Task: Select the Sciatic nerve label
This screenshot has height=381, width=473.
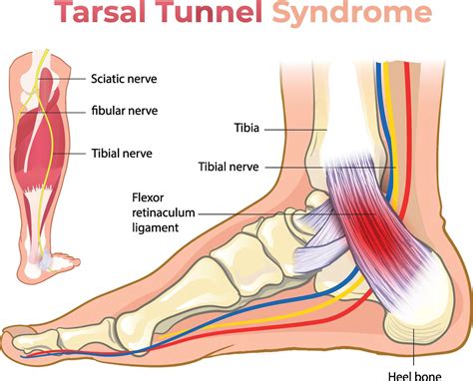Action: click(x=124, y=78)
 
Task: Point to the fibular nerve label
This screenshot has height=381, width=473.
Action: click(x=124, y=110)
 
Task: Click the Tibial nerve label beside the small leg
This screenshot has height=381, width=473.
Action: click(x=122, y=153)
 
